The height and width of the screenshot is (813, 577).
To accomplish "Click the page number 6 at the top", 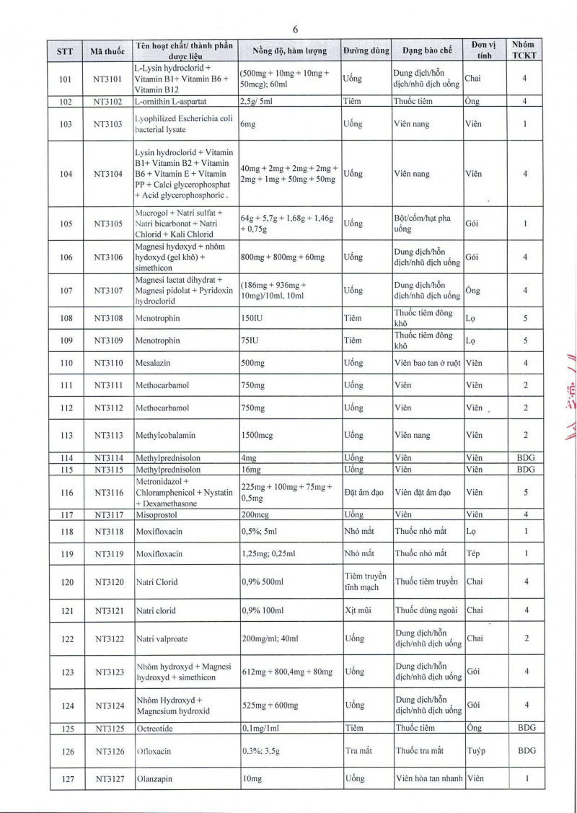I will [x=295, y=30].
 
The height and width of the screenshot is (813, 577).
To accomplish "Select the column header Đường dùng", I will [x=366, y=51].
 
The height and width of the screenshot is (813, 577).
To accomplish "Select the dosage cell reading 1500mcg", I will [x=258, y=435].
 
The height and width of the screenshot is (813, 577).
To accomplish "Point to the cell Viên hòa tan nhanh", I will [x=428, y=779].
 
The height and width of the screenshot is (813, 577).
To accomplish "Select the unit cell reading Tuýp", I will [x=476, y=751].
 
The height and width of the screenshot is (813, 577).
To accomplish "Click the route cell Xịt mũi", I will [x=357, y=610].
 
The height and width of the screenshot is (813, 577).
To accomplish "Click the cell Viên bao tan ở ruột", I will [x=428, y=364].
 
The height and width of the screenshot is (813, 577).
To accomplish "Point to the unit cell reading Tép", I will [x=474, y=554].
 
